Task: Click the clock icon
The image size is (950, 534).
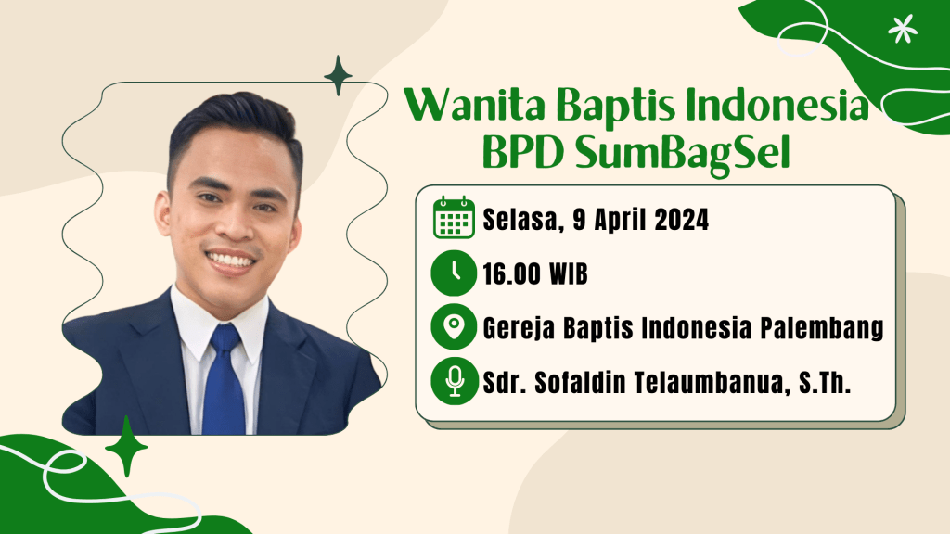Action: (454, 273)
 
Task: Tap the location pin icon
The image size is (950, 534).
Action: (454, 327)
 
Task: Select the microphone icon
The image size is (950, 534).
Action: (454, 381)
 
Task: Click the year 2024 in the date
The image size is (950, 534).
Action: (681, 219)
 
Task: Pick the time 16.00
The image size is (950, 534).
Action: (511, 274)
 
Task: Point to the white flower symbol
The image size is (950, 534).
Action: (902, 29)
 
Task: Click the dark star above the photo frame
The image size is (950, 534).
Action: (338, 76)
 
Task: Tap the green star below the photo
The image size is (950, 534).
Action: (126, 447)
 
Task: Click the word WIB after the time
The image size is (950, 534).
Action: (569, 274)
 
